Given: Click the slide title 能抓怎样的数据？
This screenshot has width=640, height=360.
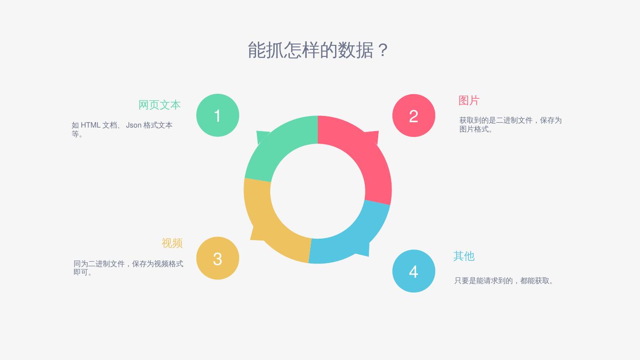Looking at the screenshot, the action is tap(318, 50).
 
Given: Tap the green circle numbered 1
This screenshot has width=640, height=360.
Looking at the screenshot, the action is tap(218, 115).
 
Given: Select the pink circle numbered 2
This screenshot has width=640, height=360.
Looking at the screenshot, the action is tap(414, 116).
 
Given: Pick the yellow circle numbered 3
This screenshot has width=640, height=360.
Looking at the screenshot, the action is tap(218, 258).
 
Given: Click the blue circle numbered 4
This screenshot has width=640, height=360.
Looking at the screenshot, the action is tap(414, 271).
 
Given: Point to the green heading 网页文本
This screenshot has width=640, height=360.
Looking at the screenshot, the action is tap(159, 105).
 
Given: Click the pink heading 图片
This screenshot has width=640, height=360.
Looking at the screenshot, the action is tap(469, 100).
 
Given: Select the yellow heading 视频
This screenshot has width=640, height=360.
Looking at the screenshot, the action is tap(172, 243).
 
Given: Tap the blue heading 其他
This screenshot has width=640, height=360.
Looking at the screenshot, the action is tap(464, 256).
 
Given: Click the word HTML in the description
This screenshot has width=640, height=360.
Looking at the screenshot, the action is tap(90, 125).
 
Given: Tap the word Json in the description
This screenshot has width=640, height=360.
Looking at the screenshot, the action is tap(133, 125).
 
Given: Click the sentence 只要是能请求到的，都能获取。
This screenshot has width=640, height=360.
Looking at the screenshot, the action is tap(504, 281).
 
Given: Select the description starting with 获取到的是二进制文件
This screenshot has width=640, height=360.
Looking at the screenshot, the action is tap(510, 124).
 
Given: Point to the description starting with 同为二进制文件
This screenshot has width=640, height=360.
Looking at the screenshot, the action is tap(128, 268).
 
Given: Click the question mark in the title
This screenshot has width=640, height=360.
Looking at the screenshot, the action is tap(383, 50).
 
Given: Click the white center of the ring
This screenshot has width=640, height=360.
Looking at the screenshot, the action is tap(318, 191).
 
